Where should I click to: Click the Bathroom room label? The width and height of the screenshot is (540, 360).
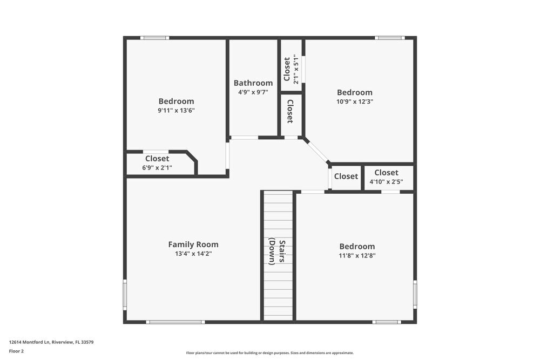click(253, 83)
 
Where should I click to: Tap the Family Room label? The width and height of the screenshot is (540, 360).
click(193, 244)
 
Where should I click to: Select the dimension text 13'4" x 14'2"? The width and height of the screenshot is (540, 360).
click(193, 254)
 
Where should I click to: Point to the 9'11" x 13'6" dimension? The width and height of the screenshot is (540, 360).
click(176, 111)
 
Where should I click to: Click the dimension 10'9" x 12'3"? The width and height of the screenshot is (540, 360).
click(355, 101)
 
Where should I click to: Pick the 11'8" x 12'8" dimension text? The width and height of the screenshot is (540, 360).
click(357, 256)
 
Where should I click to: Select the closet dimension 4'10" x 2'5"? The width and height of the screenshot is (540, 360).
click(386, 182)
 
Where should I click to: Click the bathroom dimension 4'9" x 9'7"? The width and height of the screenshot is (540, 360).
click(253, 92)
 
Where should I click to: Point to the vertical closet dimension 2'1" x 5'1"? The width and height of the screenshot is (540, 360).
click(296, 69)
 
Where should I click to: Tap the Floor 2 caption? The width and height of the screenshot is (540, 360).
click(16, 351)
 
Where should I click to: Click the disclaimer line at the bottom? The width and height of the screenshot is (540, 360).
click(269, 353)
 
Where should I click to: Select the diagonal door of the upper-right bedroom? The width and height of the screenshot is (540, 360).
click(318, 151)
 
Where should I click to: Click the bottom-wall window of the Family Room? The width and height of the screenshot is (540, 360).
click(175, 322)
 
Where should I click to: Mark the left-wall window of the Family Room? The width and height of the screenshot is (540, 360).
click(125, 295)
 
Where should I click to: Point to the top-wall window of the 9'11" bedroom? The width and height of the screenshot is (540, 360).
click(155, 38)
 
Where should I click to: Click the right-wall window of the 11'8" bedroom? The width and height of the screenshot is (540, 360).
click(415, 295)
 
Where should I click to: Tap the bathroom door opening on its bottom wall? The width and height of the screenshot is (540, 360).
click(245, 138)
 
